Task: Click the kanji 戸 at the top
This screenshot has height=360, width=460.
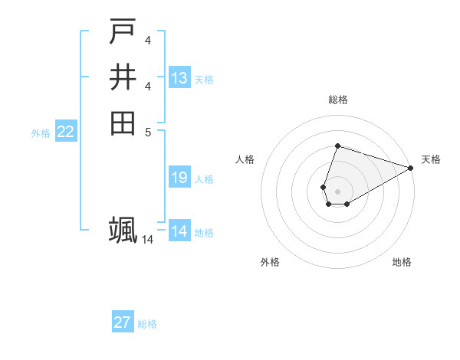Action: click(x=123, y=33)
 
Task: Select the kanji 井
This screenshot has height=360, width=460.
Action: click(x=123, y=77)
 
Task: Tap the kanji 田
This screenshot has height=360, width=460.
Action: click(x=123, y=123)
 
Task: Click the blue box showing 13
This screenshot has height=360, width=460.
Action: click(x=179, y=78)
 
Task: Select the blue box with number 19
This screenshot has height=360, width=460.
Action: click(x=179, y=178)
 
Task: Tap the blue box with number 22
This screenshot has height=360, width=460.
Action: click(x=66, y=132)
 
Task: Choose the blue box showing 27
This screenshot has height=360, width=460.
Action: click(x=123, y=322)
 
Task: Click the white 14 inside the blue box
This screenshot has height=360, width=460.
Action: click(x=179, y=231)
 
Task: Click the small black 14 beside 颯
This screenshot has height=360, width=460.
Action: click(x=148, y=240)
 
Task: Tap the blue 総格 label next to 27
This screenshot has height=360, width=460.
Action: click(x=147, y=324)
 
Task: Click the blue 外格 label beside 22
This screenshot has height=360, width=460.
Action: click(x=41, y=133)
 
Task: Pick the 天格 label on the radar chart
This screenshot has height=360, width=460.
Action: click(x=431, y=159)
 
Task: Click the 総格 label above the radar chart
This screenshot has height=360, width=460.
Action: click(x=338, y=100)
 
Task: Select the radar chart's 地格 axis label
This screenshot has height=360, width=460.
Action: click(x=402, y=262)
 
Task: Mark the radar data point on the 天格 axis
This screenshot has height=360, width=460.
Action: click(x=411, y=168)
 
